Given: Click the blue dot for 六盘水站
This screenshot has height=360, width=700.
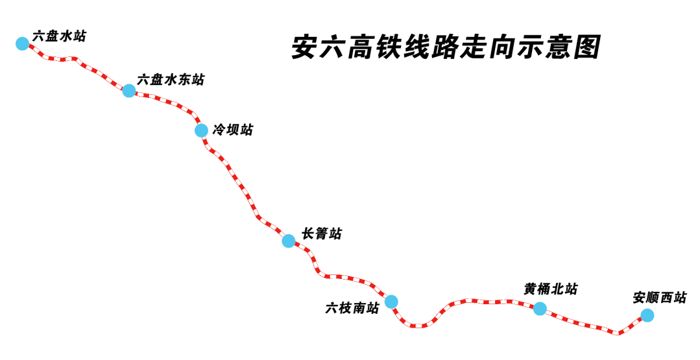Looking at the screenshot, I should click(22, 43).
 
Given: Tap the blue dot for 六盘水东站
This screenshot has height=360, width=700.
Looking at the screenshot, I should click(129, 91).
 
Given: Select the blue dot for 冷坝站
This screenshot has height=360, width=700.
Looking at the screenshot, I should click(202, 130).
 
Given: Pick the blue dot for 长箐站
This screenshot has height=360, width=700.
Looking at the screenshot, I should click(289, 241).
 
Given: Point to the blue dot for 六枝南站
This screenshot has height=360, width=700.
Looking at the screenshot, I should click(391, 302).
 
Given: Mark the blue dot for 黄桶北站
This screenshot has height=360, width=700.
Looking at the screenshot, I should click(540, 309).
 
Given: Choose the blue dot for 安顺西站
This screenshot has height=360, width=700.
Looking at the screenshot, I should click(647, 316).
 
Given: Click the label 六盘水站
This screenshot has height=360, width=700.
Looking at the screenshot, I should click(59, 36).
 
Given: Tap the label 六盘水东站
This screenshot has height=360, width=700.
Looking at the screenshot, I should click(171, 80).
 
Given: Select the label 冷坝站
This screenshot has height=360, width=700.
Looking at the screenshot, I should click(233, 130).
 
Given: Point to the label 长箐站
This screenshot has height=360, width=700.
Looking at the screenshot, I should click(322, 234).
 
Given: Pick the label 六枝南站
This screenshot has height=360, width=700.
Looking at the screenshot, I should click(352, 308).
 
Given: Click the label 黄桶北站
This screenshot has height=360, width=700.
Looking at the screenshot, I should click(551, 289).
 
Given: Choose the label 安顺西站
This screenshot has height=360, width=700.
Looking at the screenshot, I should click(660, 298).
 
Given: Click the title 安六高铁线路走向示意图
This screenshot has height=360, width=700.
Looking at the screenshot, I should click(446, 47).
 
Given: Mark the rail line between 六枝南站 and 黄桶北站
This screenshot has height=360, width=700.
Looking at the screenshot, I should click(467, 301).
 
